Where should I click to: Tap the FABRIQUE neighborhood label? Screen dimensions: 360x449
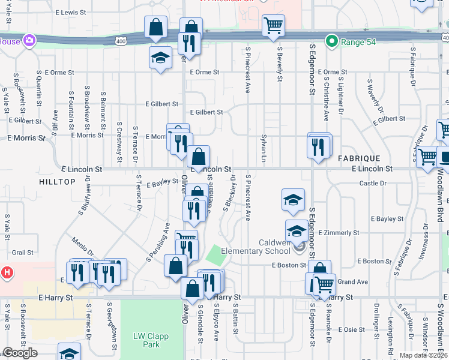(358, 158)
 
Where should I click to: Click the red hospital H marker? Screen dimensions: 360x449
(7, 272)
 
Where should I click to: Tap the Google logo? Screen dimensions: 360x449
(20, 353)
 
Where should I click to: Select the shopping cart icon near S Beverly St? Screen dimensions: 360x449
(273, 25)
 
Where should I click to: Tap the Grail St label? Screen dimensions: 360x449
(22, 253)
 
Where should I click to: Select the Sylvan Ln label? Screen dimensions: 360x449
(263, 149)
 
